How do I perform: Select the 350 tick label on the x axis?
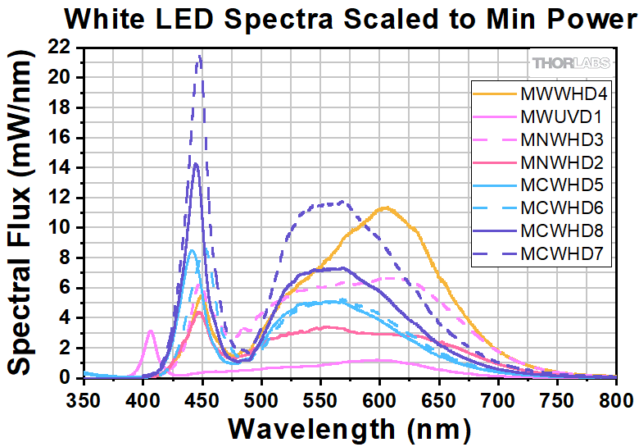pyautogui.click(x=84, y=398)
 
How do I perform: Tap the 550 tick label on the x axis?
pyautogui.click(x=320, y=398)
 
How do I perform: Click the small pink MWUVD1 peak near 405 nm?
pyautogui.click(x=151, y=331)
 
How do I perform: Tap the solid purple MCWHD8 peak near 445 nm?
pyautogui.click(x=196, y=164)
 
